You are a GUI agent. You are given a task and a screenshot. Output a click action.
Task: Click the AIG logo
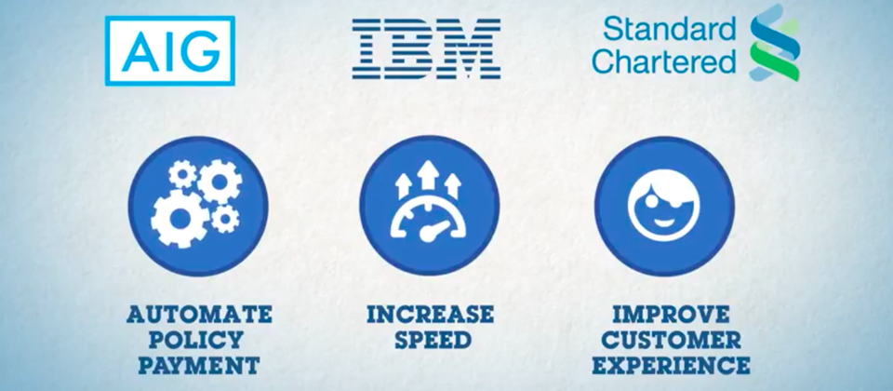[x=169, y=50]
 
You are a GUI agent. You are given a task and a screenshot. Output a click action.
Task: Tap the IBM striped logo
[x=426, y=48]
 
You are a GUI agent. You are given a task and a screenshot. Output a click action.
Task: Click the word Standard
[x=669, y=29]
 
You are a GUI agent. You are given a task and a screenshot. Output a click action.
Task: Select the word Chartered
[x=664, y=61]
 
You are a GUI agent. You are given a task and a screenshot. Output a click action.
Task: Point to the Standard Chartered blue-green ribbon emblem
[x=774, y=43]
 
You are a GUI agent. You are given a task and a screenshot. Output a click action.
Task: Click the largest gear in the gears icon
[x=178, y=218]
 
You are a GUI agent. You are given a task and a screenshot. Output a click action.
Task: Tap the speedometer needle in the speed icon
[x=431, y=231]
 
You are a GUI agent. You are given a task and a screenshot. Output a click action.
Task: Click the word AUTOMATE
[x=199, y=314]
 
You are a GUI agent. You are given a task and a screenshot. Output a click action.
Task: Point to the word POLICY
[x=195, y=340]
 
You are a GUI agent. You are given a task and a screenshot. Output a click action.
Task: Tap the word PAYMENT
[x=199, y=365]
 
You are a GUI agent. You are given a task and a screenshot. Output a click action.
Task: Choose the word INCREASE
[x=430, y=314]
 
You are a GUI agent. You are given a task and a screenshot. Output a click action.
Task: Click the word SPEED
[x=433, y=340]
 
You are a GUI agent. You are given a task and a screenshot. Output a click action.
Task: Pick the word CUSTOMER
[x=672, y=340]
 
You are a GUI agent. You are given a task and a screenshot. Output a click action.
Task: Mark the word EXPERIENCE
[x=671, y=365]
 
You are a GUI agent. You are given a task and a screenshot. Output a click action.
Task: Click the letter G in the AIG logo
[x=201, y=51]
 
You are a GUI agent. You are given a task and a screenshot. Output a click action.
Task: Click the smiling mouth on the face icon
[x=664, y=220]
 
